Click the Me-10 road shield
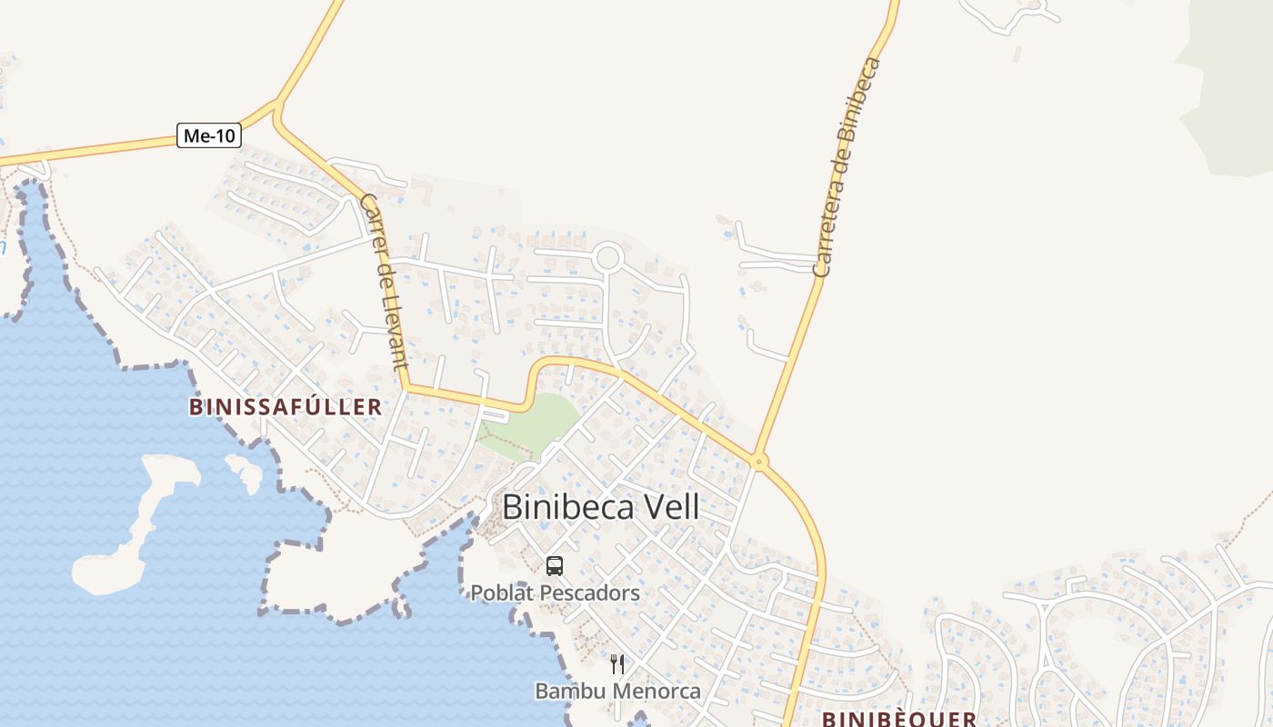pos(208,136)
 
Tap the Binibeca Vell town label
pos(601,506)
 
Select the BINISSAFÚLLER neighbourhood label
pos(286,406)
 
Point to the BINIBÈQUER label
pos(899,719)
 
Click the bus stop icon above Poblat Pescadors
pos(555,566)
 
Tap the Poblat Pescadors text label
pos(555,593)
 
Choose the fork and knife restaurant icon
pos(617,664)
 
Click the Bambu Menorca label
pos(617,691)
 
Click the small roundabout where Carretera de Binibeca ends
pos(759,463)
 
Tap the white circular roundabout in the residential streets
pos(607,258)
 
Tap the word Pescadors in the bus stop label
pos(590,593)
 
